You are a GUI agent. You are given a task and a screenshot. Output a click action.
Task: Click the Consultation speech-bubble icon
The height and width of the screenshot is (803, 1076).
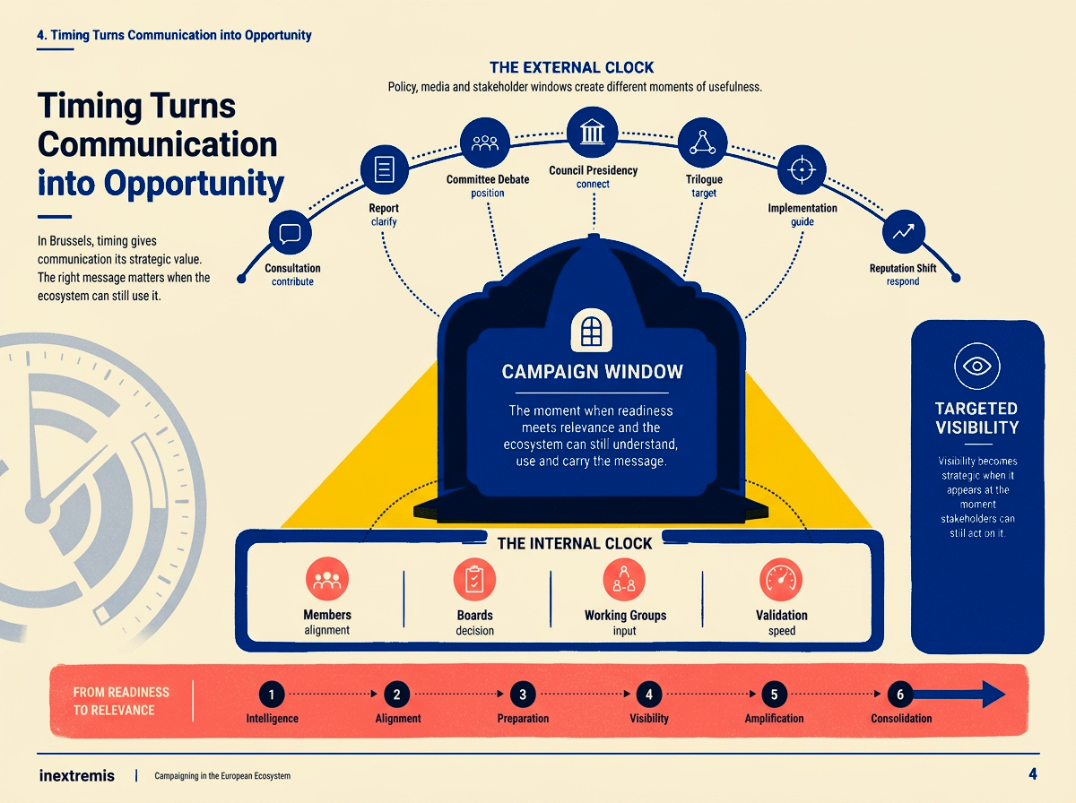[x=291, y=232]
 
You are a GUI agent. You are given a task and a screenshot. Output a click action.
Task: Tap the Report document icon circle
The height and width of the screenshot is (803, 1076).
[x=385, y=169]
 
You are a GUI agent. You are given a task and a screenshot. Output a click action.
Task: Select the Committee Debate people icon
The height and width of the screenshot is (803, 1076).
[x=485, y=142]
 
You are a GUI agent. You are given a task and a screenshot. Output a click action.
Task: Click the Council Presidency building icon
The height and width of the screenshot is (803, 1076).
[x=592, y=132]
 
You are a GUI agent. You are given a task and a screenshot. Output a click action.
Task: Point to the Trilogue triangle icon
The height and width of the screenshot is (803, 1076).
[x=702, y=142]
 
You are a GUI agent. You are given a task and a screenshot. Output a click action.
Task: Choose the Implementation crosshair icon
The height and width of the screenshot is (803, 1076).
[x=802, y=169]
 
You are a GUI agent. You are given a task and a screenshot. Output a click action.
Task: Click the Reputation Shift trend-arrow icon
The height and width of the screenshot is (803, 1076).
[x=904, y=232]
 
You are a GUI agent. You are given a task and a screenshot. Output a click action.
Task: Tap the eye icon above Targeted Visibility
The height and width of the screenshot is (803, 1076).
[x=977, y=366]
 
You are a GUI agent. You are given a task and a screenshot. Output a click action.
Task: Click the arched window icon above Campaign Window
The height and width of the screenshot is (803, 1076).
[x=591, y=330]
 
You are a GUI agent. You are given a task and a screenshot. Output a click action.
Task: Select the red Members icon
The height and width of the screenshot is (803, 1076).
[x=327, y=579]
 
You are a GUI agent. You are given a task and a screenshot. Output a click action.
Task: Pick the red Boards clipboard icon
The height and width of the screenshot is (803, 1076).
[x=474, y=579]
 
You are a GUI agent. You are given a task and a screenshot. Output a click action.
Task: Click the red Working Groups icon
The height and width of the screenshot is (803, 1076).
[x=624, y=579]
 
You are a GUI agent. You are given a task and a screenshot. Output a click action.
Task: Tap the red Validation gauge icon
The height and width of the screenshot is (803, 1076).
[x=781, y=579]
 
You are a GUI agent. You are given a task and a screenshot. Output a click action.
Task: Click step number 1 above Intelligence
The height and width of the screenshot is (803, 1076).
[x=272, y=695]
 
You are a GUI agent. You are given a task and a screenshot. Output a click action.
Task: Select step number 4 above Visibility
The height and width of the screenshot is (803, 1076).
[x=649, y=695]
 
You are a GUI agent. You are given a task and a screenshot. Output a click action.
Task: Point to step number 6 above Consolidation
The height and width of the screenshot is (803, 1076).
[x=900, y=695]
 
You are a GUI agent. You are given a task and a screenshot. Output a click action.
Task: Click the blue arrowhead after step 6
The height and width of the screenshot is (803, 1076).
[x=994, y=695]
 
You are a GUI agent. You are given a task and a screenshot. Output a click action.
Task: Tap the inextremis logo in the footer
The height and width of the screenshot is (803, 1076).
[x=76, y=775]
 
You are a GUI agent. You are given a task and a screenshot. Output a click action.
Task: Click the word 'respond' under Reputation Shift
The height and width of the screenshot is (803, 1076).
[x=902, y=281]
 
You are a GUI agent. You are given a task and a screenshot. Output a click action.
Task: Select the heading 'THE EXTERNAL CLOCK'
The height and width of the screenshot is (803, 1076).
[x=571, y=67]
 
